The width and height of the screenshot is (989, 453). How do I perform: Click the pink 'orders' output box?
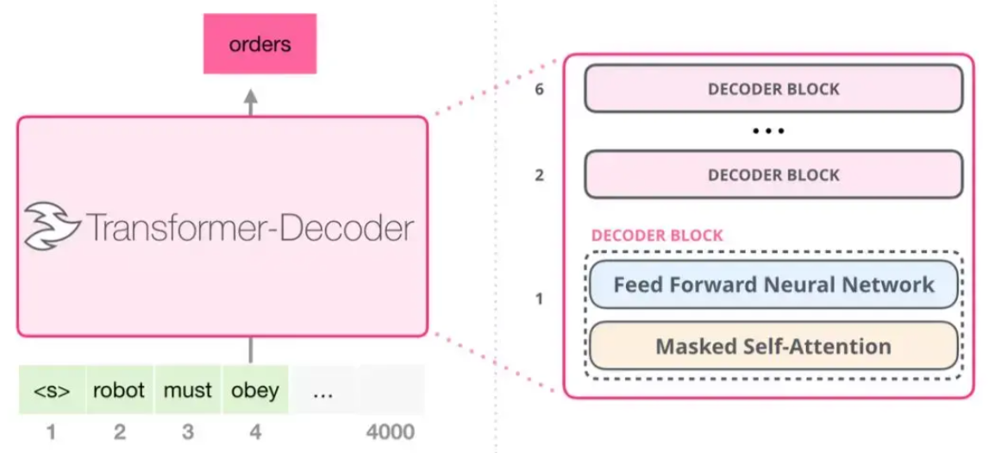(260, 45)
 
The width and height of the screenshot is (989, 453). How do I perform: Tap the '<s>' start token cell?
(52, 390)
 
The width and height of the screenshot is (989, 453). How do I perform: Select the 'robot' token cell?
(119, 390)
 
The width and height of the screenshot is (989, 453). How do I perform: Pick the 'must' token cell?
(187, 390)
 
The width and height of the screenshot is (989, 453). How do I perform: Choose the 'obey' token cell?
(255, 390)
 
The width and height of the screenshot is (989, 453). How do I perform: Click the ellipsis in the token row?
(323, 391)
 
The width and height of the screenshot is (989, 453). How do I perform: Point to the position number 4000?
(391, 431)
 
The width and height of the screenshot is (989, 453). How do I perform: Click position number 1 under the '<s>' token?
(51, 431)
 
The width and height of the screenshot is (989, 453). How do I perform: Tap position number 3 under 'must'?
(187, 431)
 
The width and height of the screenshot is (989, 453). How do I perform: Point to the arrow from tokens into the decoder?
(251, 349)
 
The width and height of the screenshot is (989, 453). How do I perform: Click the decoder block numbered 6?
(773, 88)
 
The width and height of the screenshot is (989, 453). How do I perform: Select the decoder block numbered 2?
(773, 174)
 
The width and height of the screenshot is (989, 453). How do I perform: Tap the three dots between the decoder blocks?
(768, 132)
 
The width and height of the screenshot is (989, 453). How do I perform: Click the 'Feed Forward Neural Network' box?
(773, 284)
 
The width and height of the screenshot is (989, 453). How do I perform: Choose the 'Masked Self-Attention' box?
(773, 346)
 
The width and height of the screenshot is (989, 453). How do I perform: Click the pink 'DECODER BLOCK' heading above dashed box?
(657, 236)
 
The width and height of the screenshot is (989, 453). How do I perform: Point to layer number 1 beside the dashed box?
(540, 300)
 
